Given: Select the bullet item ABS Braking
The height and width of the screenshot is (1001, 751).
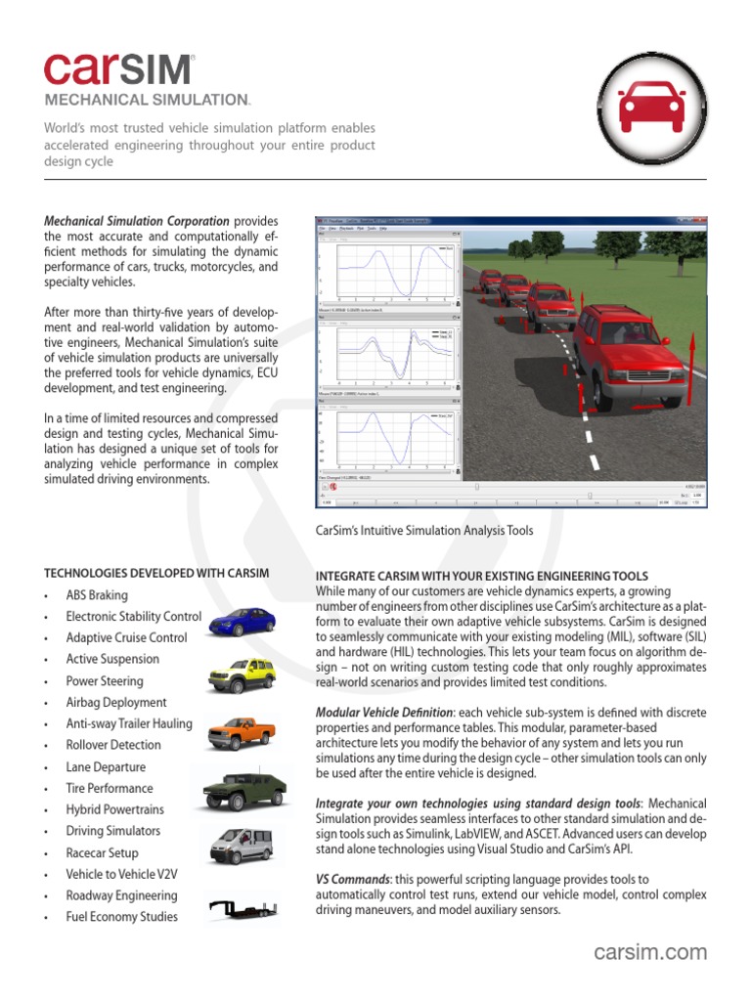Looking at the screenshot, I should tap(97, 595).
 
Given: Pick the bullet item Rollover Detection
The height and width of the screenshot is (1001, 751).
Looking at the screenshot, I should tap(113, 745).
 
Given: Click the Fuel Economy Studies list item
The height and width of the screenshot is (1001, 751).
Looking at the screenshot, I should tap(121, 917).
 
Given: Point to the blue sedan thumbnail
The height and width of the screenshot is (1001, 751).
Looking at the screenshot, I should tap(242, 621).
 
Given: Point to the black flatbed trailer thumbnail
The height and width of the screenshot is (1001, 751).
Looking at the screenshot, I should tap(242, 911).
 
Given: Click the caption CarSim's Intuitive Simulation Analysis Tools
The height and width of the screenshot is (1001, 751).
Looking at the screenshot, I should tap(424, 531).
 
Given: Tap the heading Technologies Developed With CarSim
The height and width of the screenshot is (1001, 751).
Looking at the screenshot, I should tap(157, 573).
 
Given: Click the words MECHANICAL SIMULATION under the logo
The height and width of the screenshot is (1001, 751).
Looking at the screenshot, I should tap(147, 100).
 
